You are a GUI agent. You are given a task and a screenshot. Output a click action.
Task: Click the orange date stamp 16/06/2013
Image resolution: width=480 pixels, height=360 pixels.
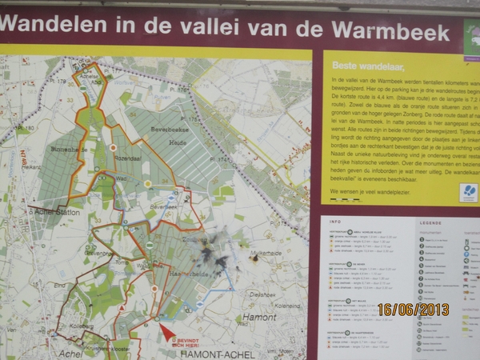(414, 309)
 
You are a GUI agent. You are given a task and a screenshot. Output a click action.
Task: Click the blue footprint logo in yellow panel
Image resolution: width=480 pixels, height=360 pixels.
(469, 193)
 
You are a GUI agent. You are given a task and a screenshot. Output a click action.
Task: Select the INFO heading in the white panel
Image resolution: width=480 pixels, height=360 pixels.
(334, 222)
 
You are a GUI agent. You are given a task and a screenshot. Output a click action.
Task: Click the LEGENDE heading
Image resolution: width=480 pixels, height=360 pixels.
(430, 222)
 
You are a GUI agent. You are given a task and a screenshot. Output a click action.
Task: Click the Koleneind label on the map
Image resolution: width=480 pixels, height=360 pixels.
(286, 305)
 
